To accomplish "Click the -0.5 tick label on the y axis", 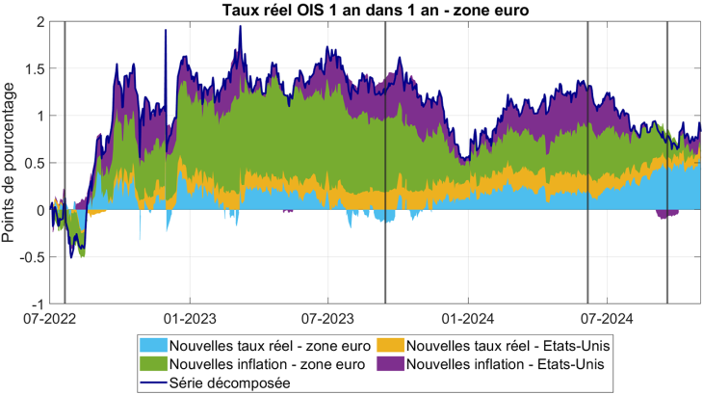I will point(31,256).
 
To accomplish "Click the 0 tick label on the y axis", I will point(39,209).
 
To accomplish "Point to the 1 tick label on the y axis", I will point(39,116).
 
